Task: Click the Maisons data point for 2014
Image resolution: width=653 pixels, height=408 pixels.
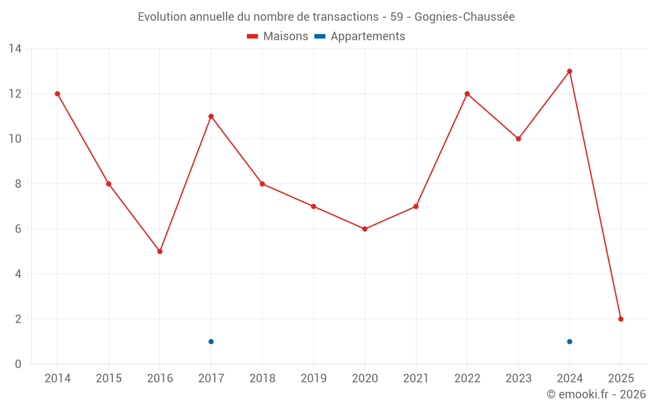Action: click(x=57, y=94)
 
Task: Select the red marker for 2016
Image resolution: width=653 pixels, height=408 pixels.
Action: click(x=160, y=251)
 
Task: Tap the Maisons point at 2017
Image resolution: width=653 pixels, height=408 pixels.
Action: click(x=211, y=116)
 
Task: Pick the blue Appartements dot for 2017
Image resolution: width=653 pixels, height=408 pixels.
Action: click(x=211, y=341)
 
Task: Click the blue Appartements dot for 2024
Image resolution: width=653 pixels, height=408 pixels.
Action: click(x=569, y=341)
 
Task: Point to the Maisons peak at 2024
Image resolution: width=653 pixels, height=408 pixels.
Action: click(x=569, y=71)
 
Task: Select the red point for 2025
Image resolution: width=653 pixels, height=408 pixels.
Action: click(x=621, y=319)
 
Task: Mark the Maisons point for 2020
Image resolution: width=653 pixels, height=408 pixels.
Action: click(x=364, y=229)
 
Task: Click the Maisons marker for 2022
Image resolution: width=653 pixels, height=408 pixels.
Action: click(x=467, y=94)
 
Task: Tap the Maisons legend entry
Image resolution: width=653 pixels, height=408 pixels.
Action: click(x=278, y=37)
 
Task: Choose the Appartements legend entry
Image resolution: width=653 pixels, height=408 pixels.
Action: click(x=360, y=37)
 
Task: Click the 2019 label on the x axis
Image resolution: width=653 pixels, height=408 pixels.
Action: click(x=313, y=378)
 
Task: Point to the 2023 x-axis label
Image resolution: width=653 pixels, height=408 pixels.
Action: click(x=518, y=378)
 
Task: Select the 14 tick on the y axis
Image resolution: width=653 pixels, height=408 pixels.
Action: click(x=15, y=49)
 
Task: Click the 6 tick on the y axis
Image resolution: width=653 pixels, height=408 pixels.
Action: click(x=18, y=229)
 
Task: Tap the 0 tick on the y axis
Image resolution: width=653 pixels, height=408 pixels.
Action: click(x=18, y=364)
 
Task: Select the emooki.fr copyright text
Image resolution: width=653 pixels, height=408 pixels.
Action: click(x=596, y=394)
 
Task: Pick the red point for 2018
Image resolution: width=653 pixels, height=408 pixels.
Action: click(x=263, y=184)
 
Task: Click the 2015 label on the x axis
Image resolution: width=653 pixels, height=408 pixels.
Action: click(x=108, y=378)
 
